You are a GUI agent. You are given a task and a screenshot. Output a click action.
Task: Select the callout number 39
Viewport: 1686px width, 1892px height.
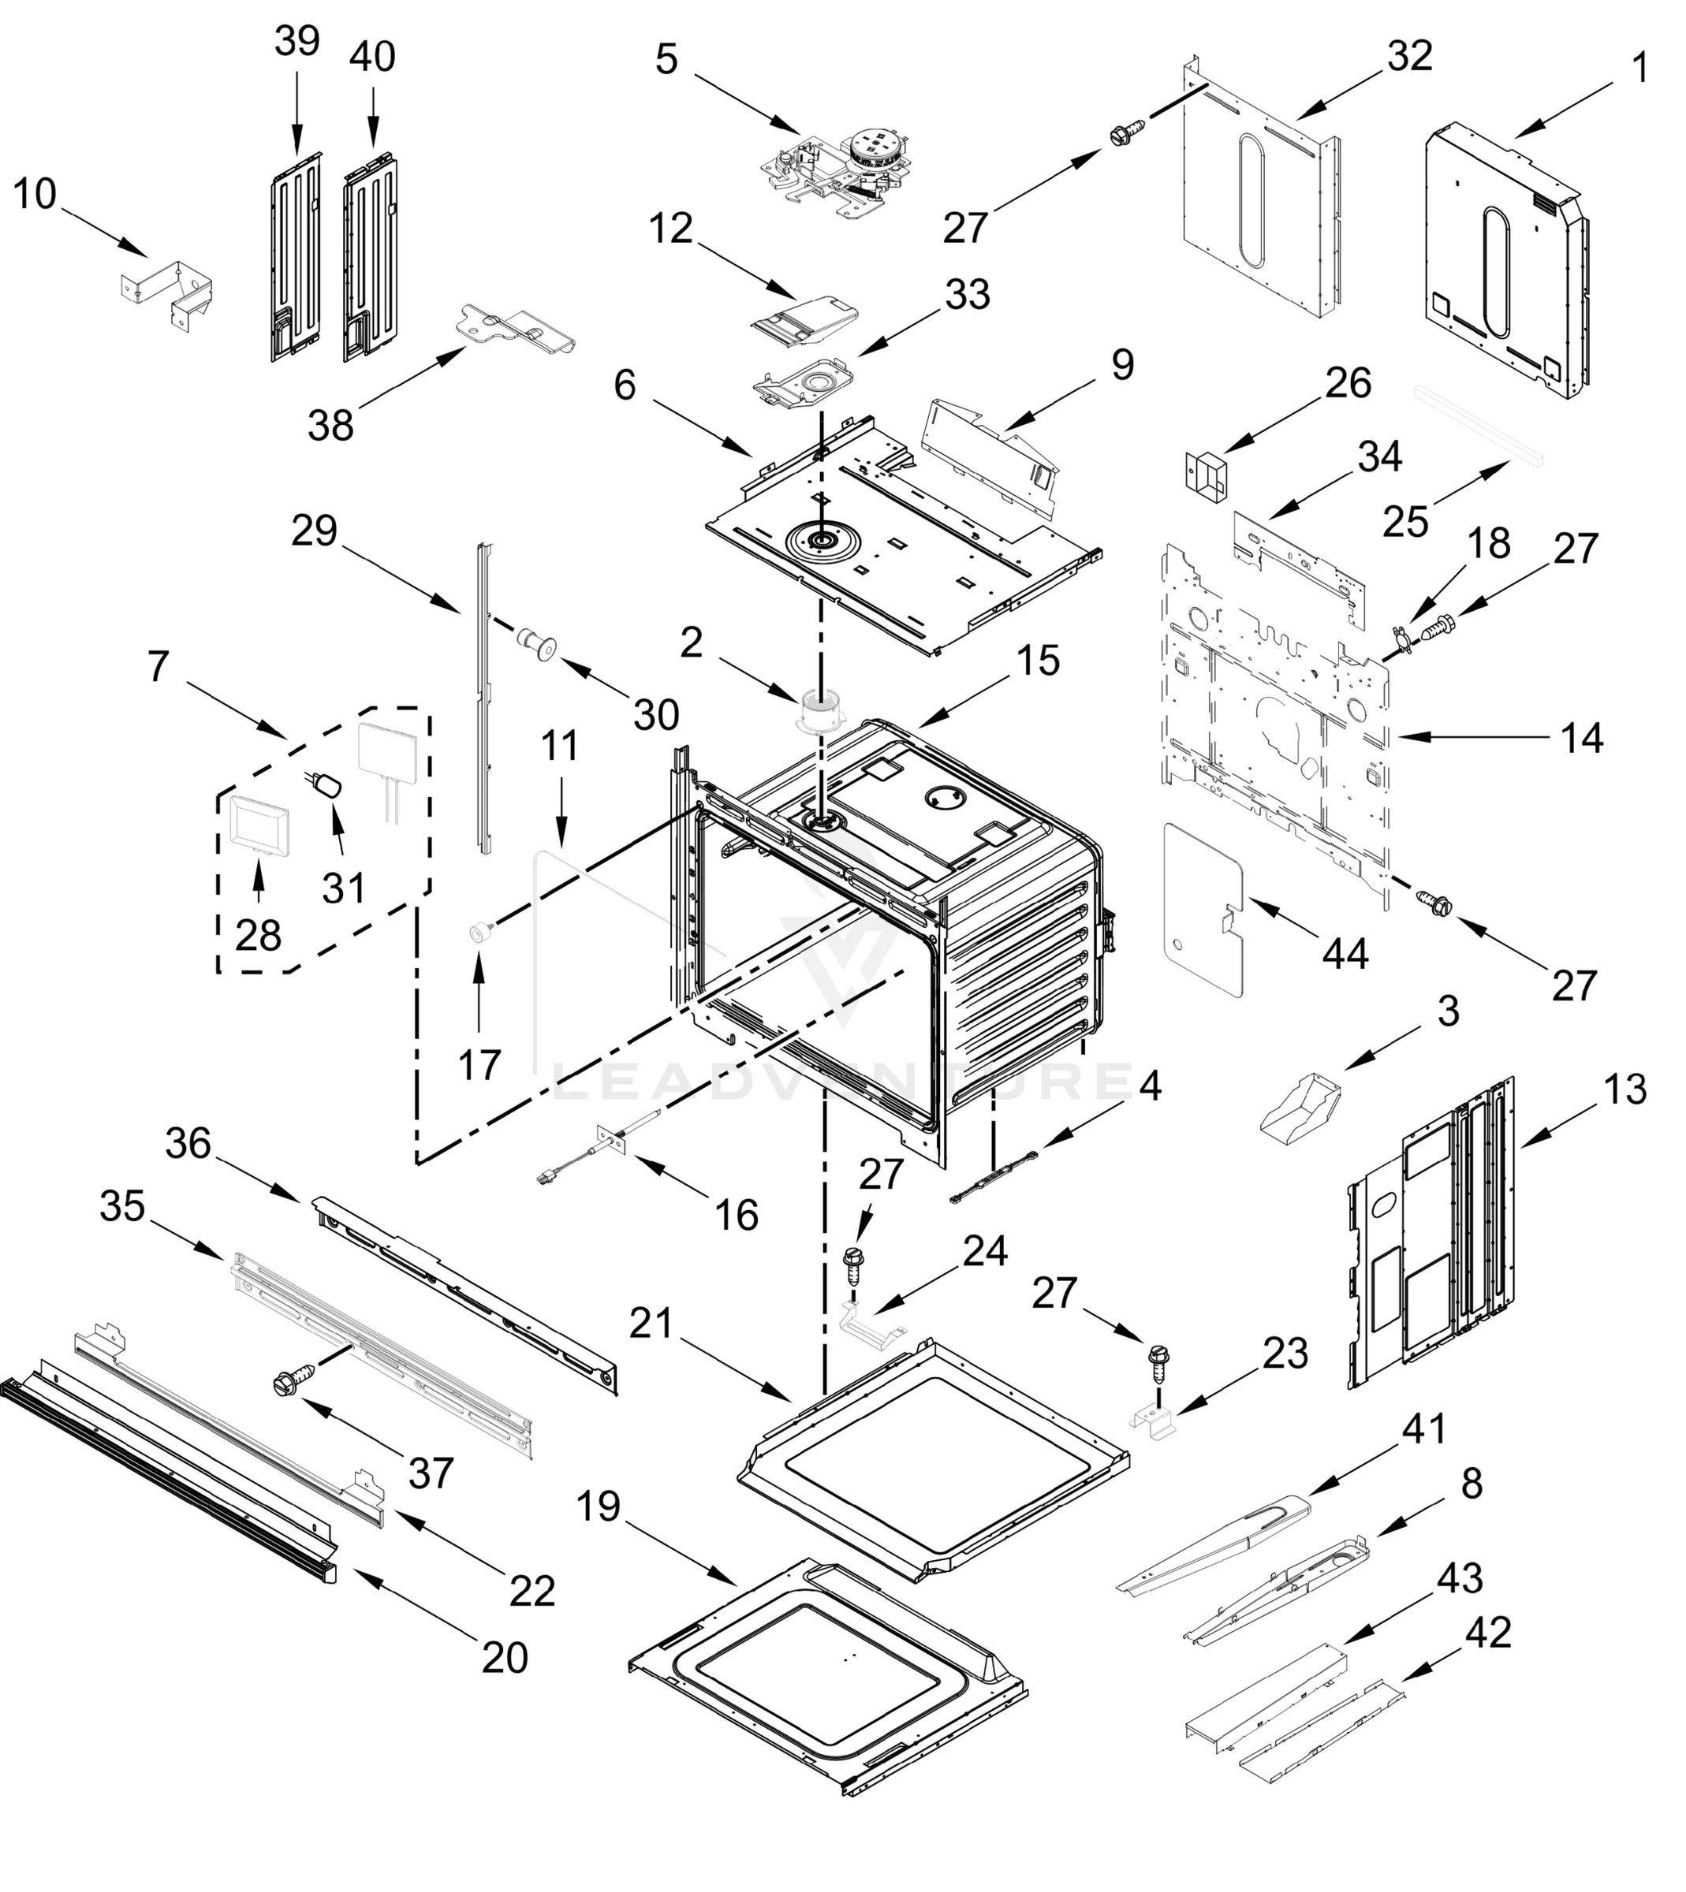click(x=297, y=42)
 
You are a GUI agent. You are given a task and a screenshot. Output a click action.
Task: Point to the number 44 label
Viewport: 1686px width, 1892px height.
click(x=1345, y=953)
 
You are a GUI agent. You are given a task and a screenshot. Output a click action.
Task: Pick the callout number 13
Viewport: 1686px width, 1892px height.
click(x=1624, y=1090)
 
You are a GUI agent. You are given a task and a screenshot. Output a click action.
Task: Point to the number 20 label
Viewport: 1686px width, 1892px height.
click(x=505, y=1657)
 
